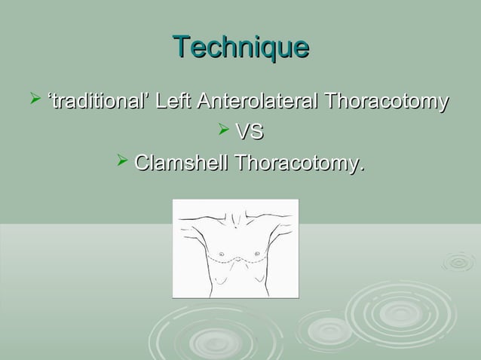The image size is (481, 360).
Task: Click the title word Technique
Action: tap(240, 47)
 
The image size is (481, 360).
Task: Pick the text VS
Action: tap(250, 133)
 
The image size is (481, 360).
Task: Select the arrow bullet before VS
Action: tap(222, 132)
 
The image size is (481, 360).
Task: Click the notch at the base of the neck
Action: tap(236, 221)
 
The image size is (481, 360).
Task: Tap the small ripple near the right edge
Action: tap(458, 261)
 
